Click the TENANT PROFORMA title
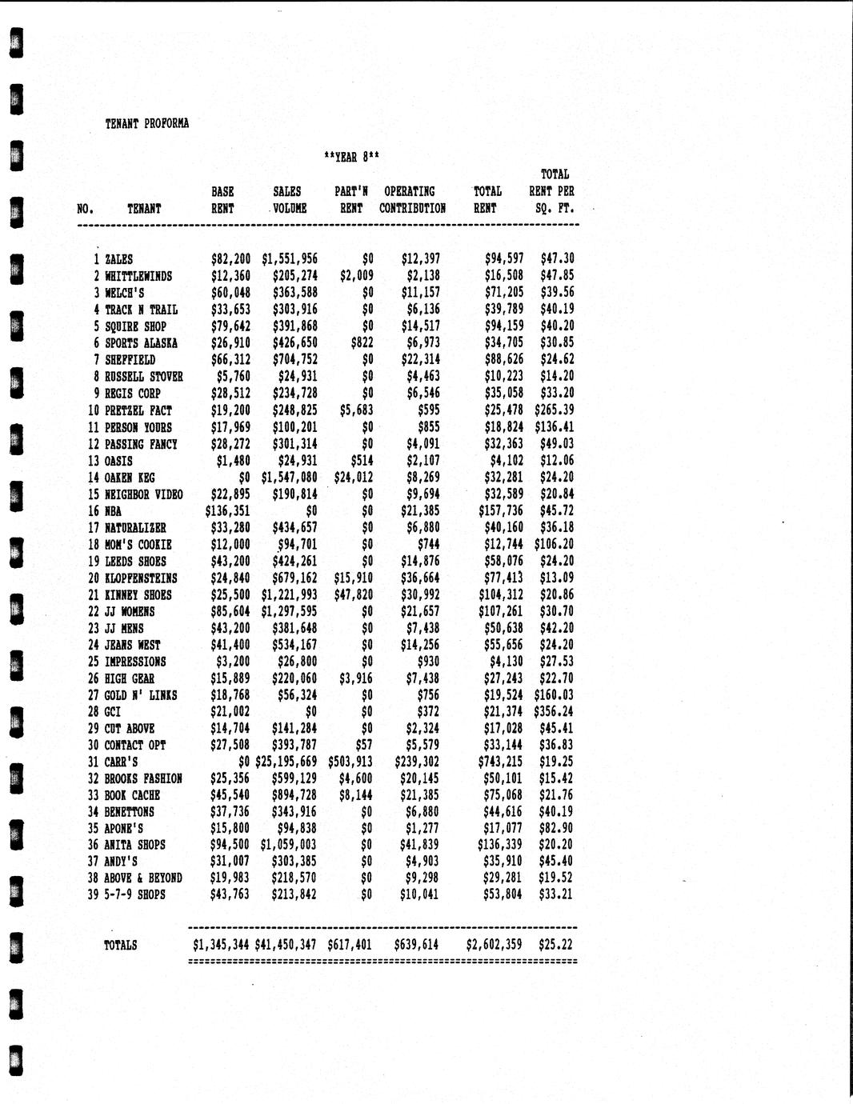pyautogui.click(x=147, y=124)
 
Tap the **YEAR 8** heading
pyautogui.click(x=351, y=158)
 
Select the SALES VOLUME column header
pyautogui.click(x=287, y=200)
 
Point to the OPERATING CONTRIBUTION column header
pyautogui.click(x=412, y=200)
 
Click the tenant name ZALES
pyautogui.click(x=119, y=259)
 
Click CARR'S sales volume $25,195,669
pyautogui.click(x=286, y=762)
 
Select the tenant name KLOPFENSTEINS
pyautogui.click(x=141, y=578)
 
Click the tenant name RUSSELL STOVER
pyautogui.click(x=144, y=377)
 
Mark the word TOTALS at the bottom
pyautogui.click(x=120, y=946)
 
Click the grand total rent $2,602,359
pyautogui.click(x=494, y=945)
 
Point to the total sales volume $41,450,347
pyautogui.click(x=286, y=945)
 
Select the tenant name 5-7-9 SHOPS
pyautogui.click(x=135, y=894)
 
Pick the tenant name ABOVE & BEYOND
pyautogui.click(x=143, y=878)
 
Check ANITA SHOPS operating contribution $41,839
pyautogui.click(x=419, y=845)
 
